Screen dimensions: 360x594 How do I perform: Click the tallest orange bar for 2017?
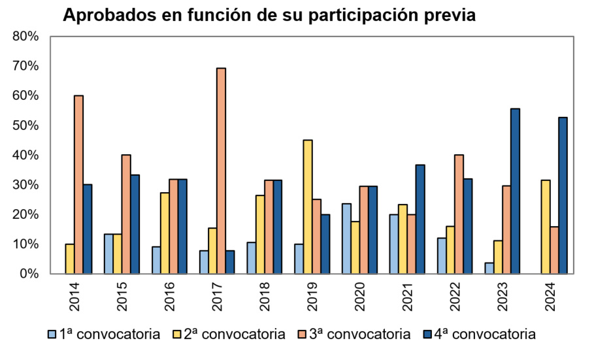click(221, 171)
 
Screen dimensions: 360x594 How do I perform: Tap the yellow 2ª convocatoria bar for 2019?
click(308, 206)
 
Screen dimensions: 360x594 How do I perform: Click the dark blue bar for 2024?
click(563, 195)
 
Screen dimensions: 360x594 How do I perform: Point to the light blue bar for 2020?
click(346, 238)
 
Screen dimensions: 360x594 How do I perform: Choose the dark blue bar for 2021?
click(420, 219)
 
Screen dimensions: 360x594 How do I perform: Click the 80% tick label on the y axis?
click(26, 37)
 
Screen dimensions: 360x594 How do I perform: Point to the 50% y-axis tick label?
click(26, 125)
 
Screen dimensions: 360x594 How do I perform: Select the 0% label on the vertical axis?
click(29, 274)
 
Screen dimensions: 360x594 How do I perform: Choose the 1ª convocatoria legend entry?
click(104, 335)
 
